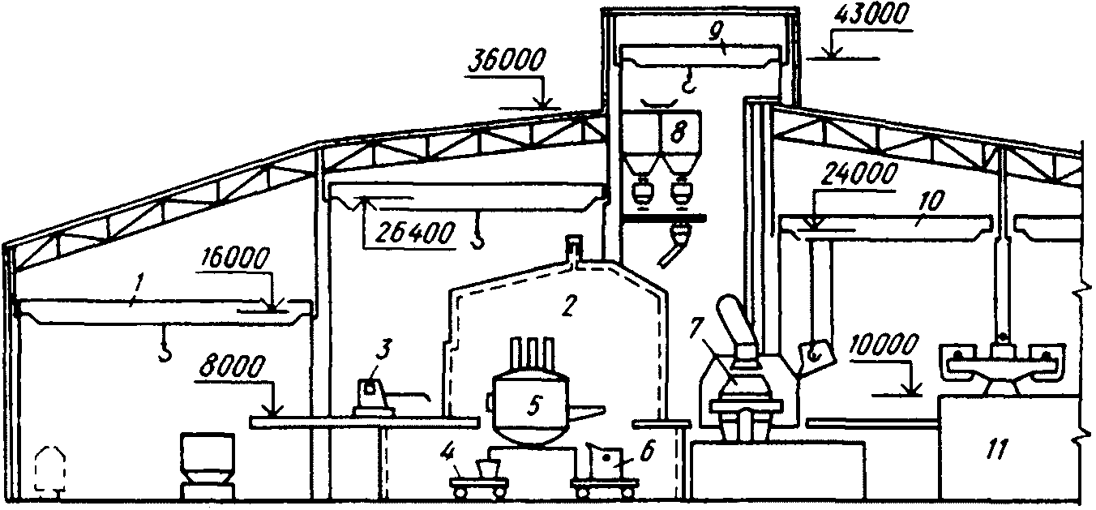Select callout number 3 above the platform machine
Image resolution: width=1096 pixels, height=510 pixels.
(x=384, y=349)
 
